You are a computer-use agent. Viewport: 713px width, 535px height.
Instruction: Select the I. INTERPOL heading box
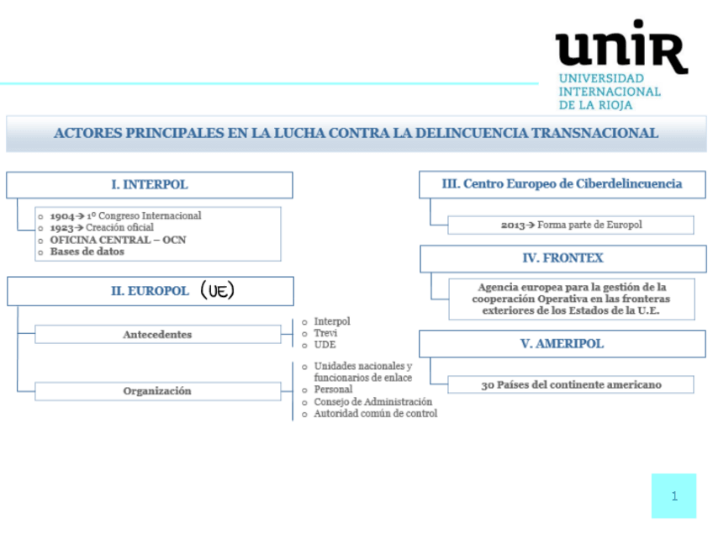(x=150, y=184)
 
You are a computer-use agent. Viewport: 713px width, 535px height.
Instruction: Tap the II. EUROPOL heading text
(x=150, y=291)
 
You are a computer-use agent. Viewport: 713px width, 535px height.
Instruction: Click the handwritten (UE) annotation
(x=217, y=290)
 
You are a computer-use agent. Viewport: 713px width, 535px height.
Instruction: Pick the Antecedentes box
(x=157, y=334)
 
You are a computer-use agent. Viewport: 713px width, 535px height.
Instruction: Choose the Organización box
(x=157, y=390)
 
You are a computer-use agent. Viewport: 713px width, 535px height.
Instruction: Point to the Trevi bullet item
(x=326, y=333)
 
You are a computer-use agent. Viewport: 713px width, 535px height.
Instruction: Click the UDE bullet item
(x=325, y=345)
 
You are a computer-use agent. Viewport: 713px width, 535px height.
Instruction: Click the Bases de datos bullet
(x=87, y=252)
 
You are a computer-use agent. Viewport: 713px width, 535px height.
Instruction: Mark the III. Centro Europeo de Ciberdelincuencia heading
(x=562, y=183)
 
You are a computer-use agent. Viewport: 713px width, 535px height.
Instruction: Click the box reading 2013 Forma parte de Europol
(x=571, y=225)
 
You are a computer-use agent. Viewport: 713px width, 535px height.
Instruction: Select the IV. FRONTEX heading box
(x=562, y=258)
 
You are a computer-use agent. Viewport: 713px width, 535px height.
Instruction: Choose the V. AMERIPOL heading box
(x=562, y=343)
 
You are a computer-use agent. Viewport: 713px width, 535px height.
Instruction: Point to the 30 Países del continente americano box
(x=571, y=384)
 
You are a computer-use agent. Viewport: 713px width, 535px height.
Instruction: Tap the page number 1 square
(x=673, y=495)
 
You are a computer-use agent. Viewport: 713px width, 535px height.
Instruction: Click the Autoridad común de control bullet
(x=375, y=414)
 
